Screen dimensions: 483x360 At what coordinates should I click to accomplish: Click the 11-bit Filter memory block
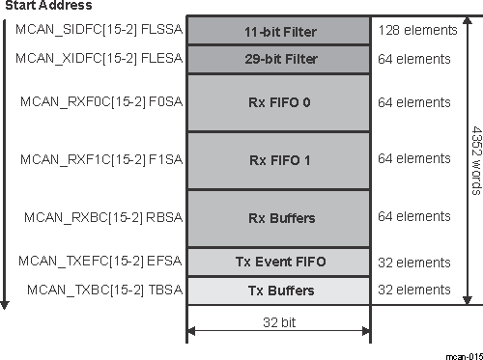pos(278,31)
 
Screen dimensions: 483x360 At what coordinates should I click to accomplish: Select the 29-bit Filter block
pos(278,60)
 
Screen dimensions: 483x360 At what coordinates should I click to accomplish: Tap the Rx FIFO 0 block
pos(278,102)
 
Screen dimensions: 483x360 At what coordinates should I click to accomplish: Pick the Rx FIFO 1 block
pos(278,159)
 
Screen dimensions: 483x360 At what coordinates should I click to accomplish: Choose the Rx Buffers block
pos(278,218)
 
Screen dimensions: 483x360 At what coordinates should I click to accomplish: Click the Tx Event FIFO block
pos(278,262)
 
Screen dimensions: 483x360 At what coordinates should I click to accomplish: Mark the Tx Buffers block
pos(278,290)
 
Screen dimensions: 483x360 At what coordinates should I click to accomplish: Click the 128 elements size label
pos(417,30)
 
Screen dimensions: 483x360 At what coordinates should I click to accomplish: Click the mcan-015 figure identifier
pos(464,354)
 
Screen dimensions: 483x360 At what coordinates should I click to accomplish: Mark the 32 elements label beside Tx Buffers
pos(414,289)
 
